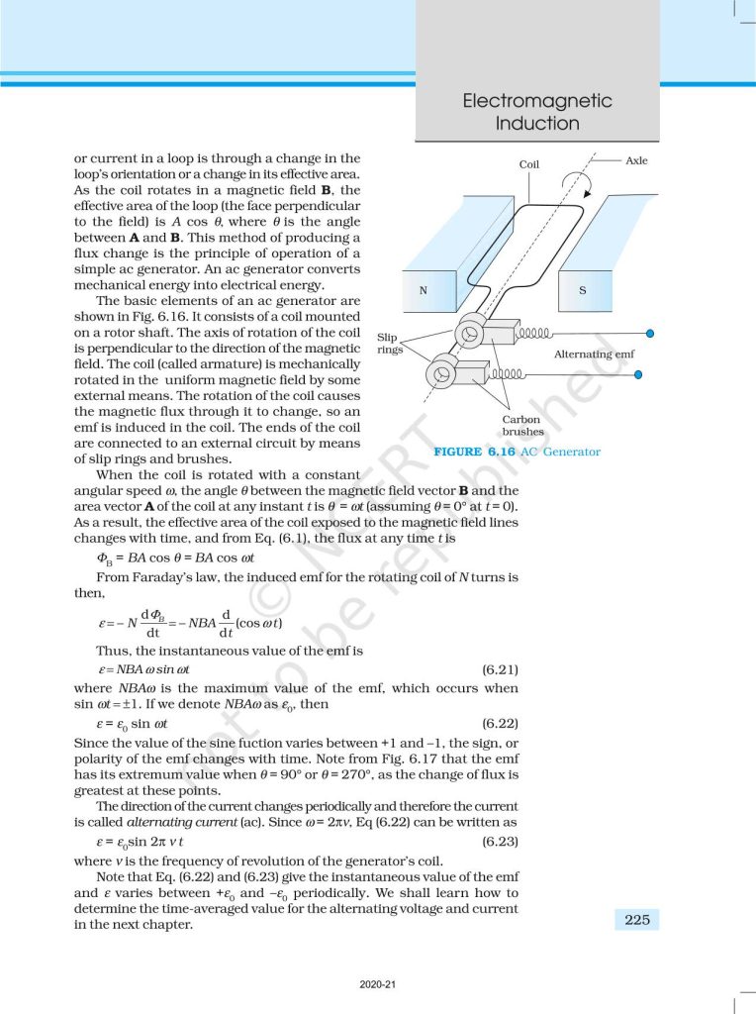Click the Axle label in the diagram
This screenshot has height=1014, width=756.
click(x=636, y=159)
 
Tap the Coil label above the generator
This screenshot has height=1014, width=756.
click(x=529, y=164)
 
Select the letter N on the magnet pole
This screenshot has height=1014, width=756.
click(x=423, y=290)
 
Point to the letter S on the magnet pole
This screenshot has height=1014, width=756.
click(x=582, y=290)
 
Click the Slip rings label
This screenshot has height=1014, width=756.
click(x=388, y=344)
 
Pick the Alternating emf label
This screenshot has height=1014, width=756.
click(x=594, y=354)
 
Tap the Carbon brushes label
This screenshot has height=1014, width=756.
click(x=522, y=426)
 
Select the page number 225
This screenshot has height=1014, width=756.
click(x=636, y=920)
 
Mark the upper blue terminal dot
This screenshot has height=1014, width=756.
click(x=649, y=335)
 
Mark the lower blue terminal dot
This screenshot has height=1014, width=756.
click(x=639, y=374)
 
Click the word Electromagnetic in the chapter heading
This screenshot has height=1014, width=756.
click(x=537, y=101)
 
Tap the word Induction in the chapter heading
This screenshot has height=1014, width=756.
click(x=537, y=124)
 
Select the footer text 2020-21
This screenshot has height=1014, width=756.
click(x=378, y=985)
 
